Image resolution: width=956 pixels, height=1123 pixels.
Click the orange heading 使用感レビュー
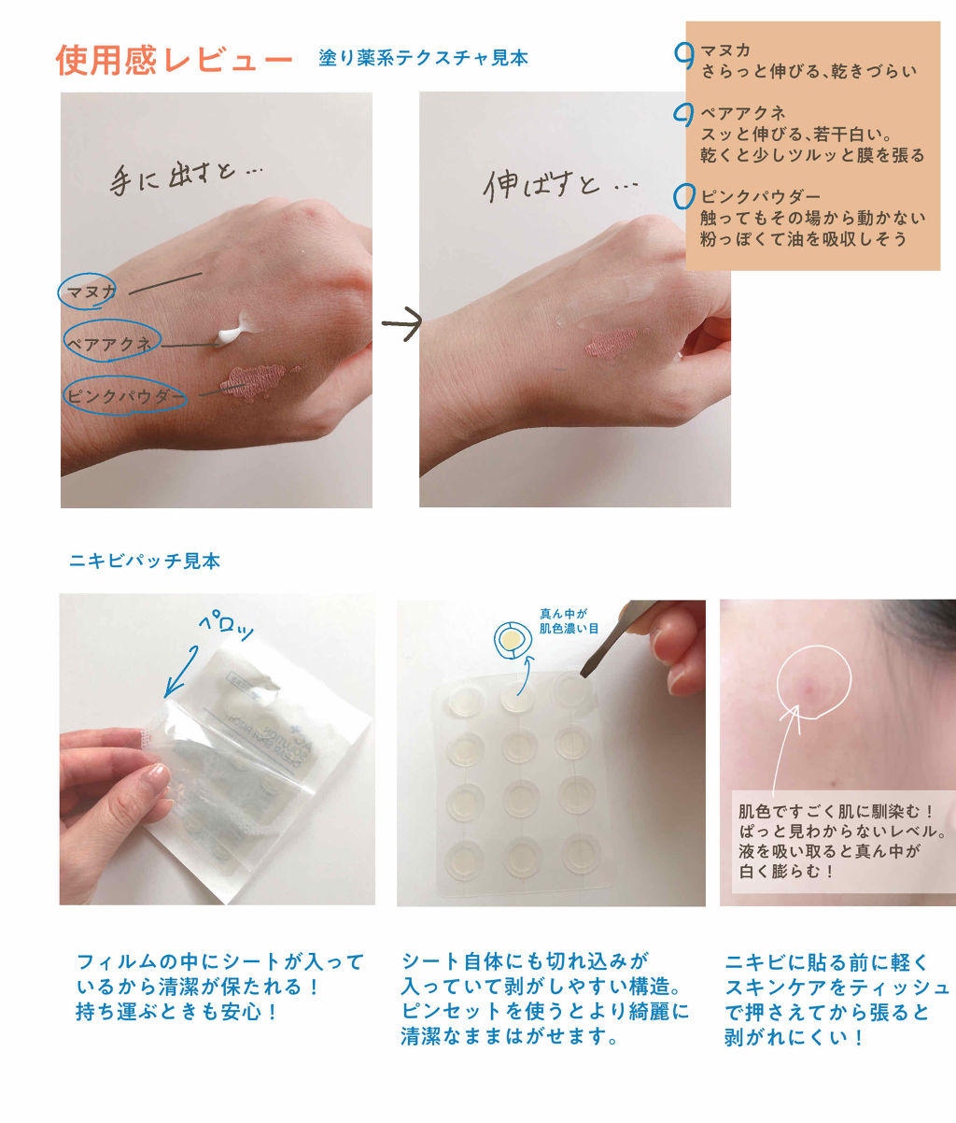pyautogui.click(x=174, y=60)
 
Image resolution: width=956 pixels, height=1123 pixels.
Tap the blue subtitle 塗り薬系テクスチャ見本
pyautogui.click(x=424, y=58)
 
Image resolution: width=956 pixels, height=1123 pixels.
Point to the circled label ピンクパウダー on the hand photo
pyautogui.click(x=125, y=395)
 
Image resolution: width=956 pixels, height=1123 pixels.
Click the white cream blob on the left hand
pyautogui.click(x=237, y=329)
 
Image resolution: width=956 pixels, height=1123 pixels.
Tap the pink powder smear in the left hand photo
pyautogui.click(x=255, y=382)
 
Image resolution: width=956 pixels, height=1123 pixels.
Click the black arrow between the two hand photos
pyautogui.click(x=401, y=324)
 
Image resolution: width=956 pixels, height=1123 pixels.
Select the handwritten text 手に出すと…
pyautogui.click(x=186, y=178)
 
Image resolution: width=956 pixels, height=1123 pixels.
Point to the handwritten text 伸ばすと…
pyautogui.click(x=560, y=186)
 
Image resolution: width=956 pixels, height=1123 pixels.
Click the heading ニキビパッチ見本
pyautogui.click(x=145, y=561)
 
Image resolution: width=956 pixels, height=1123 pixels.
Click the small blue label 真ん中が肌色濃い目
pyautogui.click(x=569, y=621)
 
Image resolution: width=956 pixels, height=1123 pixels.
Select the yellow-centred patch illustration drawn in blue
pyautogui.click(x=513, y=640)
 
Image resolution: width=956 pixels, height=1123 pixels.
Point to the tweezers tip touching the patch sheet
pyautogui.click(x=584, y=674)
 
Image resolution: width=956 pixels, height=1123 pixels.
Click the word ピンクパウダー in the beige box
pyautogui.click(x=760, y=196)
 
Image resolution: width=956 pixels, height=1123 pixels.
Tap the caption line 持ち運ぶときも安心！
pyautogui.click(x=177, y=1012)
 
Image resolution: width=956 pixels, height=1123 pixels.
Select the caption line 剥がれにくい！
pyautogui.click(x=794, y=1037)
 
